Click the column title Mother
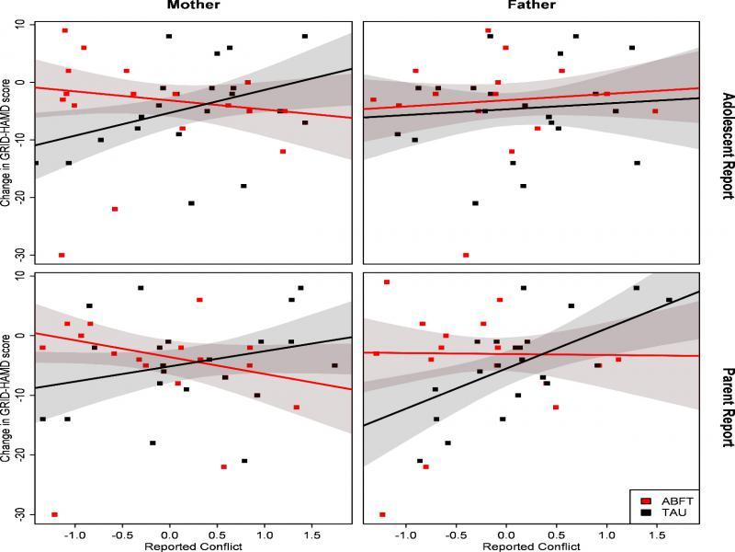pos(193,6)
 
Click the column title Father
pos(530,6)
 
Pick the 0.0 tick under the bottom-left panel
pos(169,534)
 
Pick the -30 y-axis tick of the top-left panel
pos(19,255)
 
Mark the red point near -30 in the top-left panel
pos(62,255)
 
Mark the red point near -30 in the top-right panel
pos(466,255)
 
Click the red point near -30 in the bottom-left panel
pos(54,514)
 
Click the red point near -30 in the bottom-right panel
pos(382,514)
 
